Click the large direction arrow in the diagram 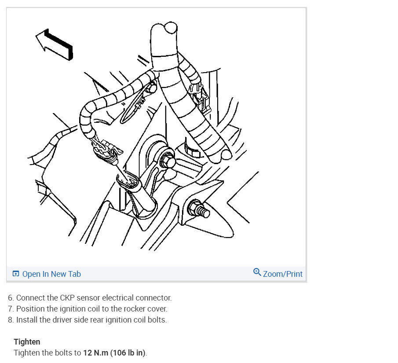[x=55, y=44]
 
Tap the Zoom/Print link [x=282, y=274]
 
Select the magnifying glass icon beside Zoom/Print [x=257, y=272]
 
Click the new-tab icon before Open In [x=16, y=274]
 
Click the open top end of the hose [x=171, y=27]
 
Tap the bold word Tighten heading [x=27, y=342]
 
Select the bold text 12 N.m [x=96, y=353]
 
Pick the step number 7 [x=11, y=308]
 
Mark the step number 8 [x=11, y=319]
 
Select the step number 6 [x=11, y=298]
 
